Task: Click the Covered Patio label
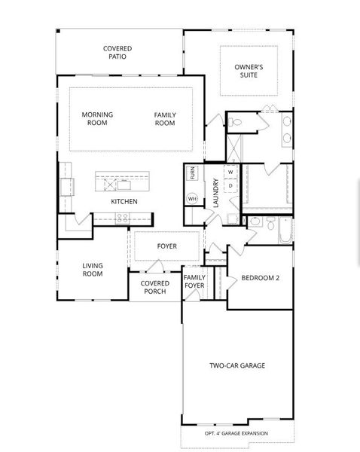coord(117,53)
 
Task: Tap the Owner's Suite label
coord(249,71)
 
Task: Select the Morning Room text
coord(97,118)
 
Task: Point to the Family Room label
coord(165,119)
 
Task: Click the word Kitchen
coord(124,201)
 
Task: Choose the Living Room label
coord(93,270)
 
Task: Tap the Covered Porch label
coord(155,288)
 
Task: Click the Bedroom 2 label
coord(261,278)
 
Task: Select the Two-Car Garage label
coord(237,365)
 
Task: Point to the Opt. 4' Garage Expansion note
coord(236,433)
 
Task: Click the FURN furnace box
coord(192,173)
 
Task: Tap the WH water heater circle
coord(192,199)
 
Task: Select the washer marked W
coord(230,173)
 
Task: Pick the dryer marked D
coord(230,186)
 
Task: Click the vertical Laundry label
coord(216,193)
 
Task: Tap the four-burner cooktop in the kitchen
coord(123,218)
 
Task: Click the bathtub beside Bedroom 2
coord(285,231)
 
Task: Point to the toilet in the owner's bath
coord(235,122)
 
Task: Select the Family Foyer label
coord(194,281)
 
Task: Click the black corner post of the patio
coord(58,31)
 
